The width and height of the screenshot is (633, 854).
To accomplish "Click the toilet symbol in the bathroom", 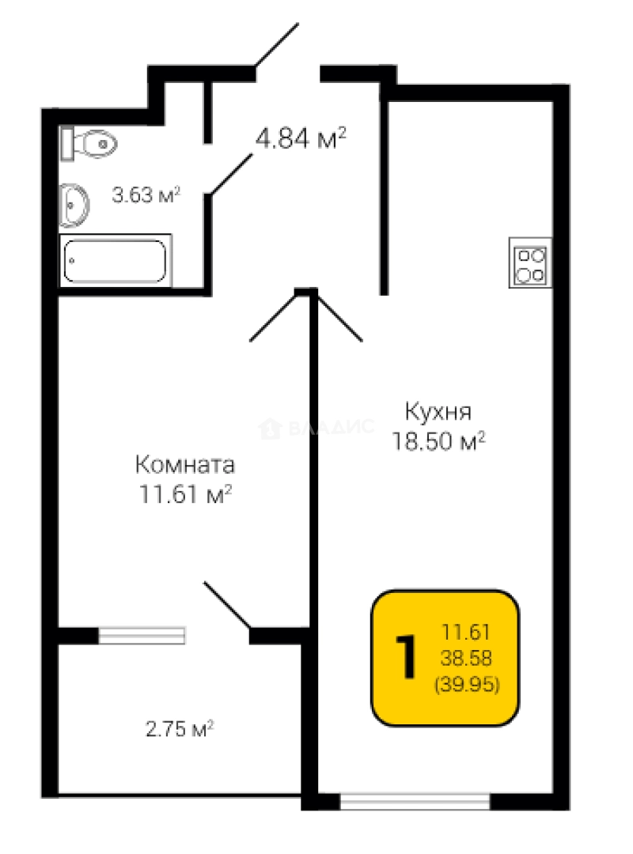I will click(x=90, y=143).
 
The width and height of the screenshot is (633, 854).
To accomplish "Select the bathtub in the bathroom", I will click(x=116, y=261).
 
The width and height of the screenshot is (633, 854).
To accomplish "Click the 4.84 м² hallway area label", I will click(x=301, y=139).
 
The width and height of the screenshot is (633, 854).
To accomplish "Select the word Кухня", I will click(x=438, y=413).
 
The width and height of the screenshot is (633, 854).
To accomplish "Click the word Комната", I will click(x=185, y=463).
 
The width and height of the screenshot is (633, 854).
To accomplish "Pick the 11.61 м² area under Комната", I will click(x=185, y=494).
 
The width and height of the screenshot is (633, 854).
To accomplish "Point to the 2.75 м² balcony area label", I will click(x=180, y=728).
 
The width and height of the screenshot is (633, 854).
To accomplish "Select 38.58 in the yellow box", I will click(x=467, y=658).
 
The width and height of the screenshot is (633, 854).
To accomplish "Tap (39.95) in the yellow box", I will click(x=467, y=685).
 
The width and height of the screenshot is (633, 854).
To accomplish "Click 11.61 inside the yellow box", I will click(x=467, y=632).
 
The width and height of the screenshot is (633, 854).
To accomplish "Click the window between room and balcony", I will click(x=142, y=635).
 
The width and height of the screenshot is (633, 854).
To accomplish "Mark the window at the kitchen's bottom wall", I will click(x=415, y=802).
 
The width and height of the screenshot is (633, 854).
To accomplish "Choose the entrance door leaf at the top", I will click(x=276, y=47).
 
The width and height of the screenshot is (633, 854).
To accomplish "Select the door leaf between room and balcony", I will click(x=228, y=606).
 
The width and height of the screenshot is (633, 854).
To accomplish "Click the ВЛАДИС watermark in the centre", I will click(x=316, y=429).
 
